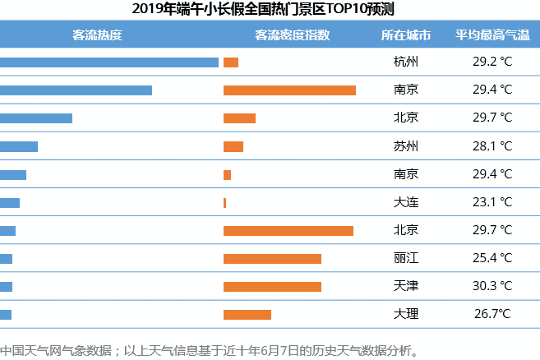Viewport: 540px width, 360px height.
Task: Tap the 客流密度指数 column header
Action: click(293, 35)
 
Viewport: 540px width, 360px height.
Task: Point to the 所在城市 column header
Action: click(405, 35)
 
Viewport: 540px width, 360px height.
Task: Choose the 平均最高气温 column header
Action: click(492, 35)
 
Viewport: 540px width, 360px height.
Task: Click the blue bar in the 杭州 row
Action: click(109, 62)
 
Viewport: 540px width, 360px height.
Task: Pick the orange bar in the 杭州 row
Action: click(231, 62)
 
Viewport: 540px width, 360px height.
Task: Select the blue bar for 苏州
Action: click(19, 146)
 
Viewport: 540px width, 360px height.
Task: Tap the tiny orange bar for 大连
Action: click(224, 202)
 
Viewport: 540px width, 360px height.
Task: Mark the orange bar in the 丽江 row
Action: click(272, 258)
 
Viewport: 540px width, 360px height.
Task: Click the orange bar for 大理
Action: click(247, 314)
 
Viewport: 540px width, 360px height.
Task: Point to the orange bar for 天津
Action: click(272, 286)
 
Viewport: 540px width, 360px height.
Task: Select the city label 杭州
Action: click(406, 62)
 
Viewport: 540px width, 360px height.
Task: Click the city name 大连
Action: click(406, 202)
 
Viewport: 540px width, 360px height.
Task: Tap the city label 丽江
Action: click(406, 258)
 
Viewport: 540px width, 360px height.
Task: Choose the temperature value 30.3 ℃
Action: click(492, 286)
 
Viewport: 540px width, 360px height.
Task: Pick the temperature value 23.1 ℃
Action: click(492, 202)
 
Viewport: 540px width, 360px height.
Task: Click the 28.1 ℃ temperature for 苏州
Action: click(492, 146)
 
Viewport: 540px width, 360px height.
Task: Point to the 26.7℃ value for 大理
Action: click(492, 314)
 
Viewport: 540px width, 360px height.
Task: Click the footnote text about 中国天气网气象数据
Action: click(210, 350)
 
